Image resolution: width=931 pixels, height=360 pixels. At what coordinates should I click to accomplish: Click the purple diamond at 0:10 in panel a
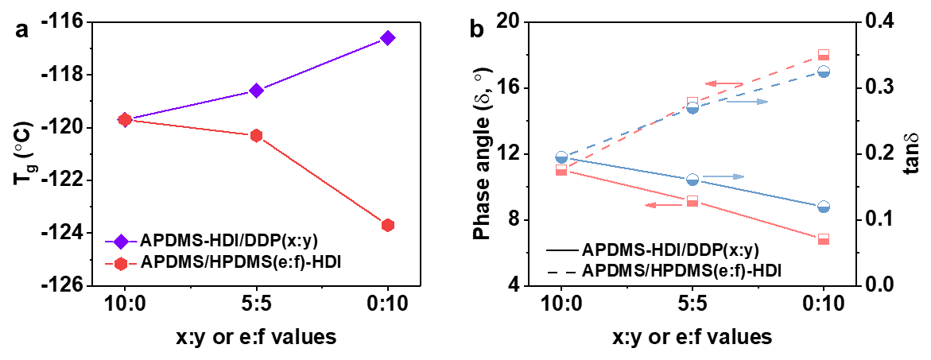coord(388,37)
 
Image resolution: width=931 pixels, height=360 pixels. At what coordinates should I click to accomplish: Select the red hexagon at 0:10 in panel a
coord(388,225)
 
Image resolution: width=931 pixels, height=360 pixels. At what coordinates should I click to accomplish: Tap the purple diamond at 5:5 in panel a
coord(256,90)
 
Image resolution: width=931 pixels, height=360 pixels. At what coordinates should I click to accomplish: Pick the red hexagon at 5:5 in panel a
coord(256,135)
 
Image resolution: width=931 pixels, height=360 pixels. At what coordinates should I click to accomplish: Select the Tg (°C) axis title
coord(21,153)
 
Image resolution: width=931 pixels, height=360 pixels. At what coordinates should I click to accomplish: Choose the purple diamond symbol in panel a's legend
coord(121,241)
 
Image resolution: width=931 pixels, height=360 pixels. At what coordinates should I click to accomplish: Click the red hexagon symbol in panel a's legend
coord(121,262)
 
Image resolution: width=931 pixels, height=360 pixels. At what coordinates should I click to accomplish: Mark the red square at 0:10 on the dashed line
coord(824,55)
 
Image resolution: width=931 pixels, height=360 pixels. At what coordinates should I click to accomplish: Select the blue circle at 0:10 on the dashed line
coord(824,72)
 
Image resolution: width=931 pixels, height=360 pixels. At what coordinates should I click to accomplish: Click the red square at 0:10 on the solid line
coord(824,238)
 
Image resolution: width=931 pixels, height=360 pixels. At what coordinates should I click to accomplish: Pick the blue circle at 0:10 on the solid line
coord(824,207)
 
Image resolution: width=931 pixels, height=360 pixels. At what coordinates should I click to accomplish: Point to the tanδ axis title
coord(915,153)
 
